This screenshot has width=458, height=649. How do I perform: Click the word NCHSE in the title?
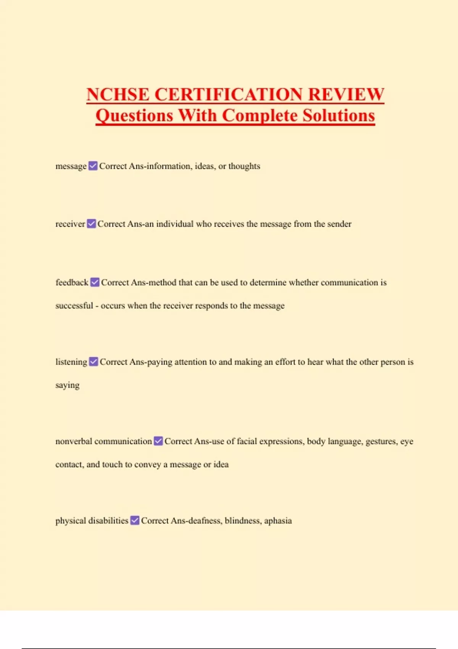(118, 94)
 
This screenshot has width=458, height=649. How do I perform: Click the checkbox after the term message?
(93, 166)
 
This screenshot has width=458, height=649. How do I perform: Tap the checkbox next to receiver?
(91, 224)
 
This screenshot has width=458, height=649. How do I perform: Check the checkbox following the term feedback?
(95, 282)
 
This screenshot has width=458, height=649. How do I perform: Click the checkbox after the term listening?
(94, 362)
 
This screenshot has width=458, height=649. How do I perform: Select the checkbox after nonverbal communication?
(158, 441)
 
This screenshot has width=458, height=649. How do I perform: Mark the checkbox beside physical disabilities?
(135, 520)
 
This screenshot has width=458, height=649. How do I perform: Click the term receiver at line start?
(70, 224)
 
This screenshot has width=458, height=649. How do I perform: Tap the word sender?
(339, 224)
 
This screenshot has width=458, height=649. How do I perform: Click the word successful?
(74, 305)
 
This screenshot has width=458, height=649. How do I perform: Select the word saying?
(67, 385)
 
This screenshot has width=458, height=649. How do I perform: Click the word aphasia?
(278, 521)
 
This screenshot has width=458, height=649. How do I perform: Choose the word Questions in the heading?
(134, 115)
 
